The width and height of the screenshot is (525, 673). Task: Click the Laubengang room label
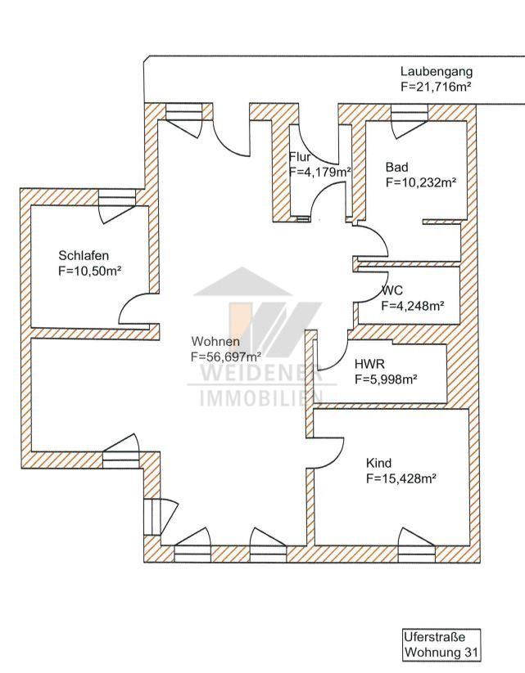[437, 72]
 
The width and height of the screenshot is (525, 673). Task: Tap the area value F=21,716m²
[436, 87]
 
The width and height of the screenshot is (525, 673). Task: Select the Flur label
[300, 156]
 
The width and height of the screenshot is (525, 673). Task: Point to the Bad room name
[397, 167]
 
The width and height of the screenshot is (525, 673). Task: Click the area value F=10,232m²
[421, 182]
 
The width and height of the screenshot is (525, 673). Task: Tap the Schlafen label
[84, 255]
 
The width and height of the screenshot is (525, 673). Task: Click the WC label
[392, 290]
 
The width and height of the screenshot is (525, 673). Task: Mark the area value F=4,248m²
[413, 306]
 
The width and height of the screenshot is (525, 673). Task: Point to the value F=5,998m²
[387, 379]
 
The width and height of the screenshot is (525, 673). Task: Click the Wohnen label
[215, 341]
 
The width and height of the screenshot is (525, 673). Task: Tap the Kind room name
[379, 463]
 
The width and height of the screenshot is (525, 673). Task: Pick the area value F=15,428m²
[401, 478]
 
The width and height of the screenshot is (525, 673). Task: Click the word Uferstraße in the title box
[434, 636]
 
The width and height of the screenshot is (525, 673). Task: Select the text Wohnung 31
[441, 653]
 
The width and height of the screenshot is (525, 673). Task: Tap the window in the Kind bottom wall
[416, 554]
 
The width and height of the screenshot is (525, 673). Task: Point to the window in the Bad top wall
[410, 113]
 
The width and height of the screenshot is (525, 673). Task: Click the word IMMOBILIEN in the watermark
[261, 398]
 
